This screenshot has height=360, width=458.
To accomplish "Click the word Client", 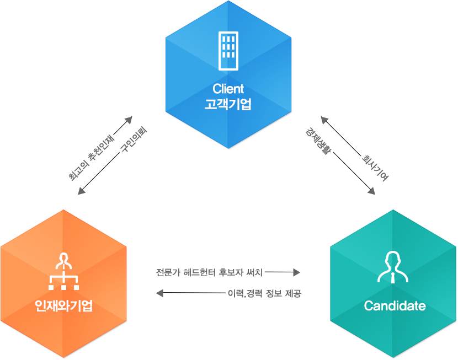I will click(x=228, y=89).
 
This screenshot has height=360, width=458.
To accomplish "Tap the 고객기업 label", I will click(x=228, y=104).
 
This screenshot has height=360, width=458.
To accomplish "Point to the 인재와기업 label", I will click(x=63, y=305).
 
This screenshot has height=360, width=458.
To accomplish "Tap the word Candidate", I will click(x=395, y=305).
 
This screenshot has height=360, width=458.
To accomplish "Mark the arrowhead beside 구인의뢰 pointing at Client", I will click(x=129, y=120).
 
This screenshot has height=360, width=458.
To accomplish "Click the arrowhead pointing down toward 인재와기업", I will click(x=82, y=190).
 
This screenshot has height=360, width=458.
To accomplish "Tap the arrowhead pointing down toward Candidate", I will click(x=371, y=191).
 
